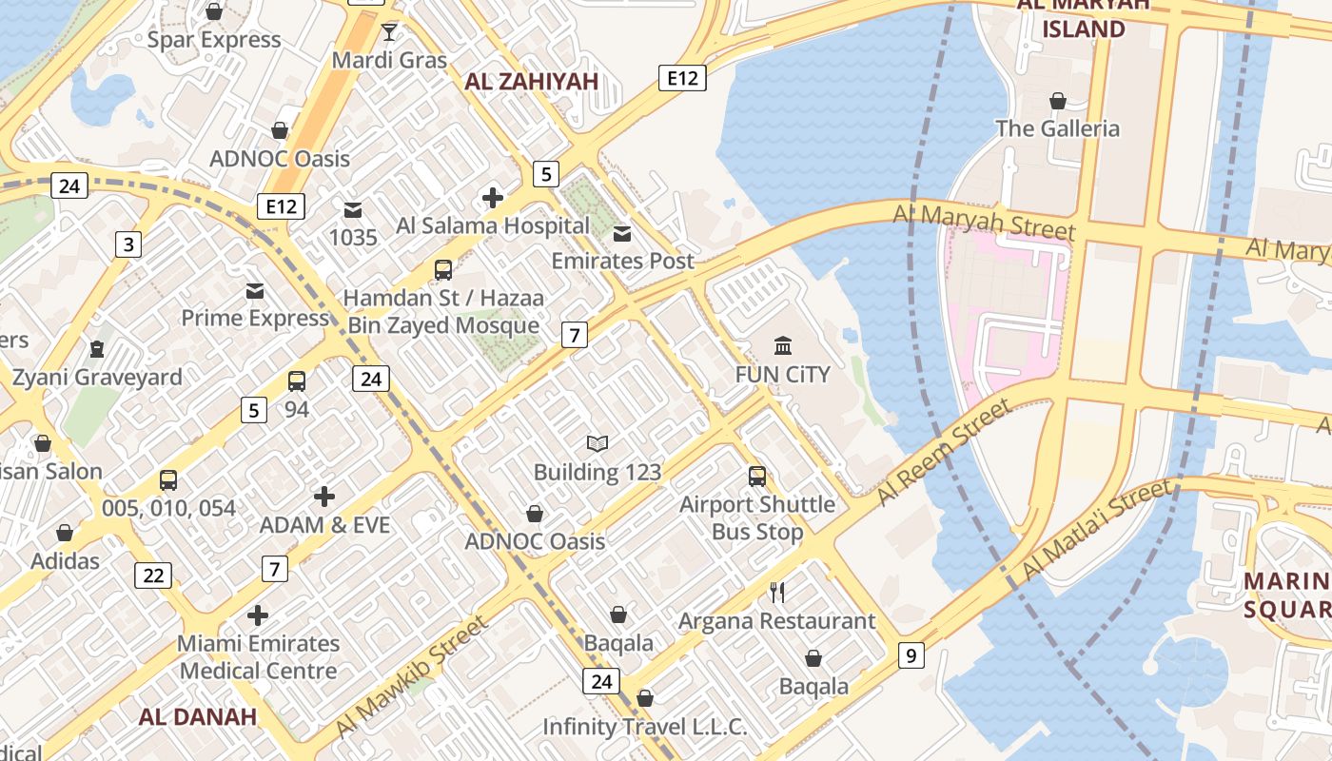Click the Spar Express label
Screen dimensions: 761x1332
click(x=214, y=40)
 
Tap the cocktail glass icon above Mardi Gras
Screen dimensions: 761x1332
click(x=389, y=32)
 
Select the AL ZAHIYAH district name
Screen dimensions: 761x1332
click(x=531, y=82)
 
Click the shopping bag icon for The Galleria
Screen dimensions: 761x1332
click(x=1057, y=101)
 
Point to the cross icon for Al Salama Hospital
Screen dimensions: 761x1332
click(x=492, y=198)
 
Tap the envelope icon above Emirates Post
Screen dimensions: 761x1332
click(x=622, y=234)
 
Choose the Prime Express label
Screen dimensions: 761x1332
click(x=255, y=318)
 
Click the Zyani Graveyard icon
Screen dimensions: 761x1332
click(x=96, y=349)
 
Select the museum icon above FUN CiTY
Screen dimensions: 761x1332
click(x=782, y=345)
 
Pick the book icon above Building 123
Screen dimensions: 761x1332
click(x=597, y=443)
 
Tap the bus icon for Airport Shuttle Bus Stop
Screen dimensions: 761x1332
click(x=756, y=477)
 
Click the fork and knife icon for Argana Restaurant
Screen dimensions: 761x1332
click(x=776, y=593)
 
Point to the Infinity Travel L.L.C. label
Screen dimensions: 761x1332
click(x=644, y=727)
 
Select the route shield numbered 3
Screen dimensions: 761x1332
click(x=128, y=244)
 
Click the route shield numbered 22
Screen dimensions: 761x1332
click(x=153, y=575)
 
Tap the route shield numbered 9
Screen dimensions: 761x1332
click(x=911, y=654)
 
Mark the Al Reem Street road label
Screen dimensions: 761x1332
click(x=942, y=453)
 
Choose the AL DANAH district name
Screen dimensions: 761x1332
click(x=198, y=716)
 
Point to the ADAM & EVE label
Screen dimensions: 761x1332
click(x=324, y=524)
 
